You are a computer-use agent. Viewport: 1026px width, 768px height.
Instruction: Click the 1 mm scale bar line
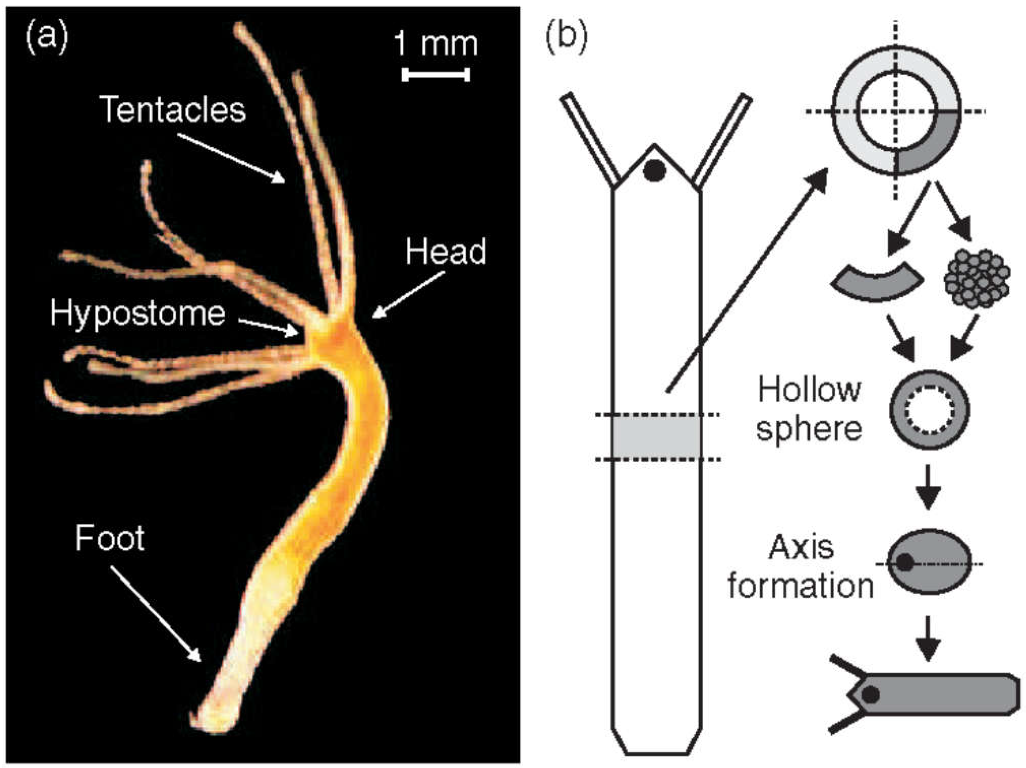pyautogui.click(x=436, y=74)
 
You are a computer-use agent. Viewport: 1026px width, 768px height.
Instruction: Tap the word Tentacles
pyautogui.click(x=173, y=109)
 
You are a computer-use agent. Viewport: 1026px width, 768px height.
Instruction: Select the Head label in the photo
pyautogui.click(x=446, y=252)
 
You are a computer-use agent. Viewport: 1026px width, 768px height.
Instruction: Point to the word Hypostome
pyautogui.click(x=138, y=313)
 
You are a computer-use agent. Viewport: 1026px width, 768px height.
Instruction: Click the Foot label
pyautogui.click(x=110, y=538)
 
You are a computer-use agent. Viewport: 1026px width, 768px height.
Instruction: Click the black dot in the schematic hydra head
pyautogui.click(x=654, y=171)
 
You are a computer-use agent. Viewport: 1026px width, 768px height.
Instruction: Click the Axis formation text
pyautogui.click(x=801, y=567)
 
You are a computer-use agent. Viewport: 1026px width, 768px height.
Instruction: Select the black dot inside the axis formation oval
pyautogui.click(x=905, y=563)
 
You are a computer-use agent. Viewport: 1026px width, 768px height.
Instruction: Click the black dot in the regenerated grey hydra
pyautogui.click(x=871, y=694)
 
